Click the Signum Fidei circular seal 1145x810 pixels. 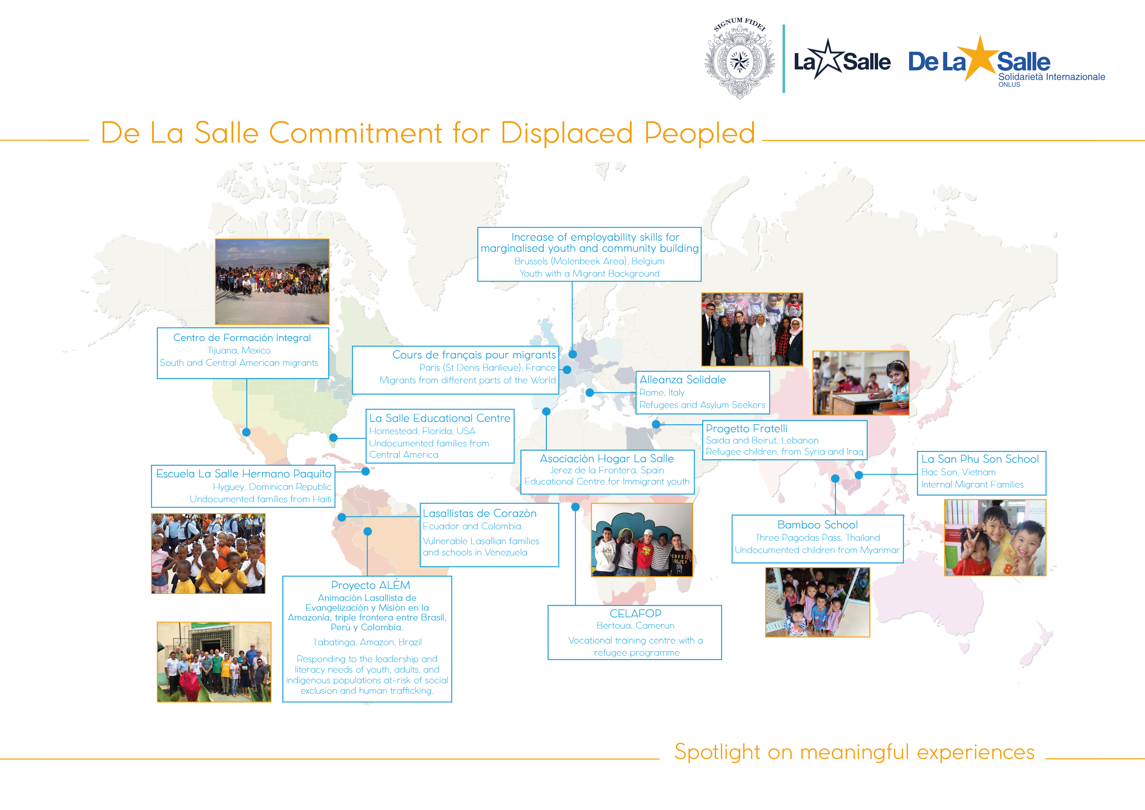(739, 59)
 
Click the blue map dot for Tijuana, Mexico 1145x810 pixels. (246, 432)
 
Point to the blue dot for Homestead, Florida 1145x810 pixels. (333, 437)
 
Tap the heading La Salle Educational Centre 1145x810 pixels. (440, 418)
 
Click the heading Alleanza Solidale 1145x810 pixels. (683, 380)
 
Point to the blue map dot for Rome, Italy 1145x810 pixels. (589, 393)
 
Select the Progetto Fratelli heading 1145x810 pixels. (747, 429)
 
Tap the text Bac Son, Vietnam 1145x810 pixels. (959, 472)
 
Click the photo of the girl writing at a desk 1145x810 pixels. (861, 383)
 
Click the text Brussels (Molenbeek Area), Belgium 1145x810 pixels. (589, 261)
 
